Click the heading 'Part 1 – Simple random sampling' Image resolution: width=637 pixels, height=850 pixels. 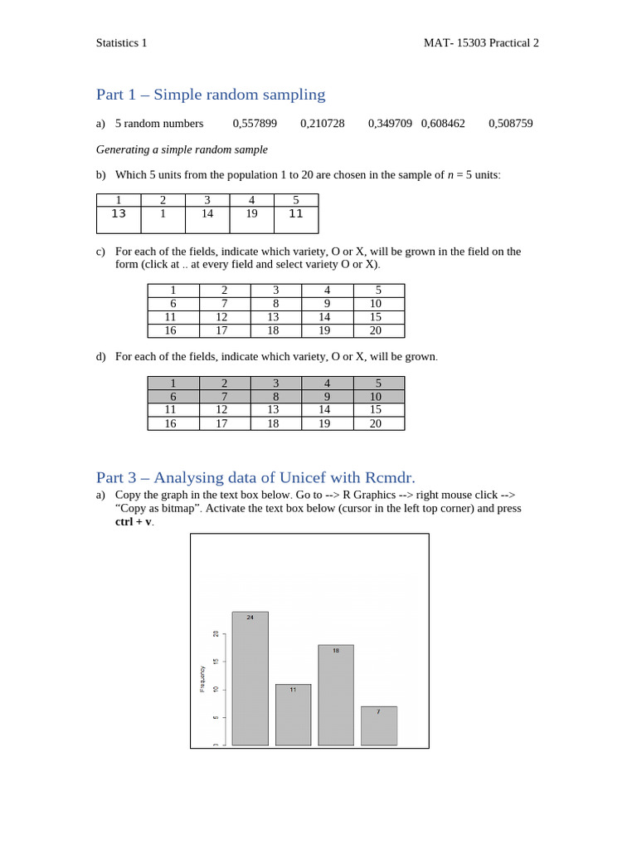tap(211, 95)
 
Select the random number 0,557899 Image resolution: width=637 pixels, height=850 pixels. tap(255, 124)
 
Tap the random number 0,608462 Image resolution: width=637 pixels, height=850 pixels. tap(443, 124)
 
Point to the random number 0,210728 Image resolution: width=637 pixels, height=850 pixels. tap(323, 124)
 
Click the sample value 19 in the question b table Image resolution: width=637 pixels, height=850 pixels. tap(251, 214)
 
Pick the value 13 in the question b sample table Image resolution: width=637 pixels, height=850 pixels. tap(119, 214)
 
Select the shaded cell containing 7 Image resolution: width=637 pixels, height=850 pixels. tap(224, 397)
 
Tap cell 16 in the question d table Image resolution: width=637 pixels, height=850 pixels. tap(173, 423)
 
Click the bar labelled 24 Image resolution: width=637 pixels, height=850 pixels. tap(250, 681)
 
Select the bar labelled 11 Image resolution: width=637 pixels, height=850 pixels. tap(293, 716)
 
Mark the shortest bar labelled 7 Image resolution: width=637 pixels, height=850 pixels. tap(379, 727)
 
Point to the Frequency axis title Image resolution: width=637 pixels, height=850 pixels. tap(202, 677)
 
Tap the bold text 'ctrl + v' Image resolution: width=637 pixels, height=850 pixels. tap(133, 522)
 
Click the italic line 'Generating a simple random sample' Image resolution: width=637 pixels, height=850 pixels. tap(182, 149)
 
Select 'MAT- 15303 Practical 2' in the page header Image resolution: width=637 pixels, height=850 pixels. tap(481, 43)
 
